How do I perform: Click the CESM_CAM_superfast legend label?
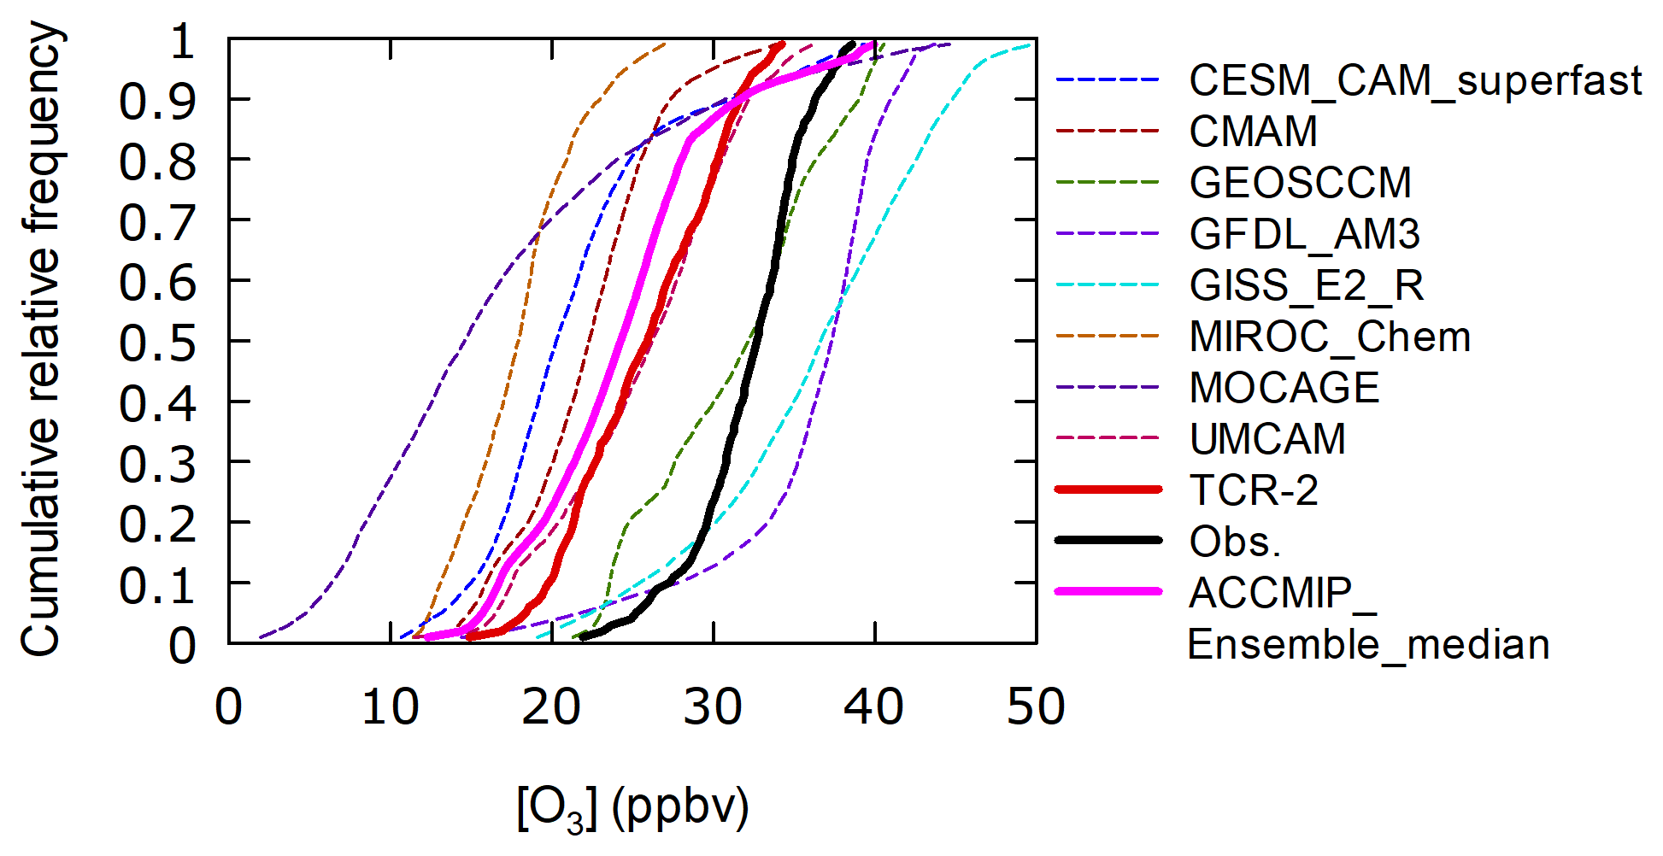[x=1414, y=81]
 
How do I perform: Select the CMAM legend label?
[x=1253, y=132]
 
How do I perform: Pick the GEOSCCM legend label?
[x=1300, y=183]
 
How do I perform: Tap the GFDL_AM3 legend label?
[x=1304, y=234]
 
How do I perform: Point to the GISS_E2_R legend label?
[x=1306, y=285]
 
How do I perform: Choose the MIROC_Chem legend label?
[x=1330, y=337]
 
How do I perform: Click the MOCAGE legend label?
[x=1284, y=388]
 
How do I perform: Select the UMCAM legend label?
[x=1267, y=439]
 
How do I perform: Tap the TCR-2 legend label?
[x=1254, y=490]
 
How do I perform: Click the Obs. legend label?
[x=1235, y=542]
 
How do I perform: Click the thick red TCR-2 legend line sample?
[x=1108, y=490]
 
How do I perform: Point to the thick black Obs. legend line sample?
[x=1108, y=540]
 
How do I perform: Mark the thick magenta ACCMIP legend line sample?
[x=1108, y=591]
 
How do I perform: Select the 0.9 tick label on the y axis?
[x=157, y=102]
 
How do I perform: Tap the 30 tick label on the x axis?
[x=713, y=707]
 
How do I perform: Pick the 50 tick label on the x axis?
[x=1035, y=707]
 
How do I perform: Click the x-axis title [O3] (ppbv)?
[x=632, y=807]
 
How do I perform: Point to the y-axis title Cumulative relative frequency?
[x=41, y=340]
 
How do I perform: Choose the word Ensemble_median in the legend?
[x=1368, y=644]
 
